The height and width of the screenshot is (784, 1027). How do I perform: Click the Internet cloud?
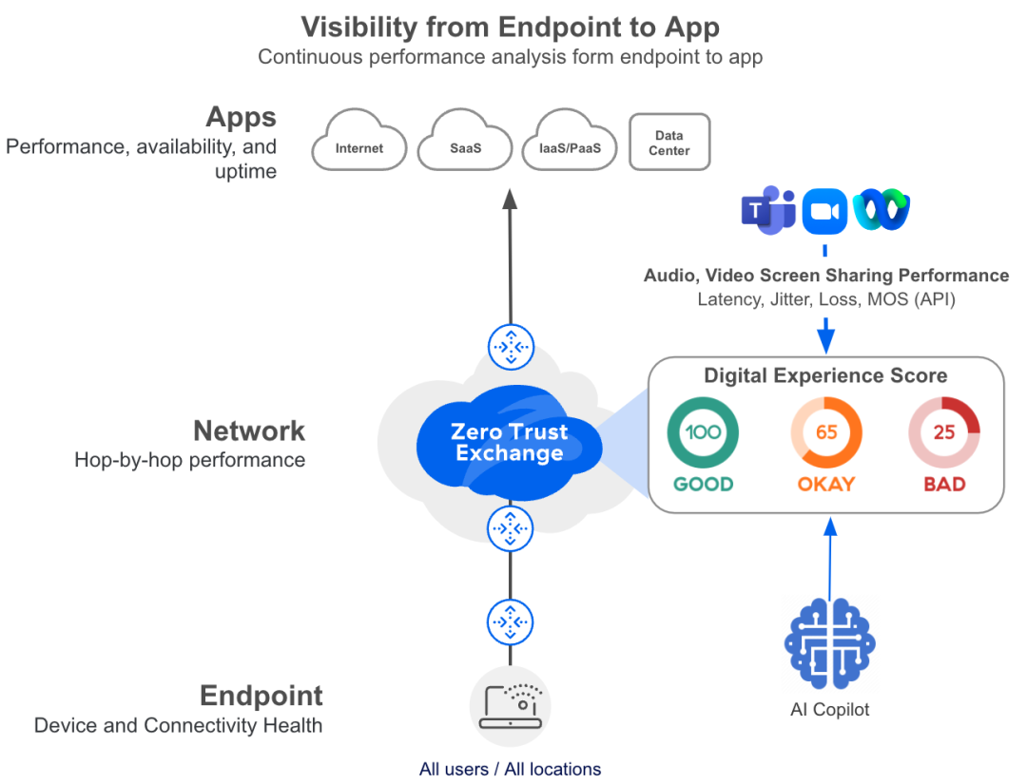click(359, 144)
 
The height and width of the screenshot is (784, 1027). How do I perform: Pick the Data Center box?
click(669, 143)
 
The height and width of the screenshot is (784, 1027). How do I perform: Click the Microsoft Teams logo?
click(768, 210)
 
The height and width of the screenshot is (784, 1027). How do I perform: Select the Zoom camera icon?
click(824, 211)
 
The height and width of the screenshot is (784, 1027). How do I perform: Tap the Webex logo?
click(881, 211)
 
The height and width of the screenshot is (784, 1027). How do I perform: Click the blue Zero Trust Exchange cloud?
click(510, 442)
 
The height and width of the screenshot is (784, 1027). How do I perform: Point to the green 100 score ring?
click(703, 432)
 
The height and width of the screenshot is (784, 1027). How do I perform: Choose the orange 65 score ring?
click(825, 432)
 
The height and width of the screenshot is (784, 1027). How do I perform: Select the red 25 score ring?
click(943, 432)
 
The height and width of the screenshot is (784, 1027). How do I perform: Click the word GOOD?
click(703, 484)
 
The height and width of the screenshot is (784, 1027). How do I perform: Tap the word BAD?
click(944, 484)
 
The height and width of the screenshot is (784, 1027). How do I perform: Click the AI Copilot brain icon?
click(829, 642)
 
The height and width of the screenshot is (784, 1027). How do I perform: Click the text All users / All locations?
click(510, 769)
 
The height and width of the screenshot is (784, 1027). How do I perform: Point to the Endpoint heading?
click(262, 696)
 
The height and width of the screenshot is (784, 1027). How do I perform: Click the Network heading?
click(249, 430)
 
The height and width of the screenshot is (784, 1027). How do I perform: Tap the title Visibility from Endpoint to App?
click(510, 26)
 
